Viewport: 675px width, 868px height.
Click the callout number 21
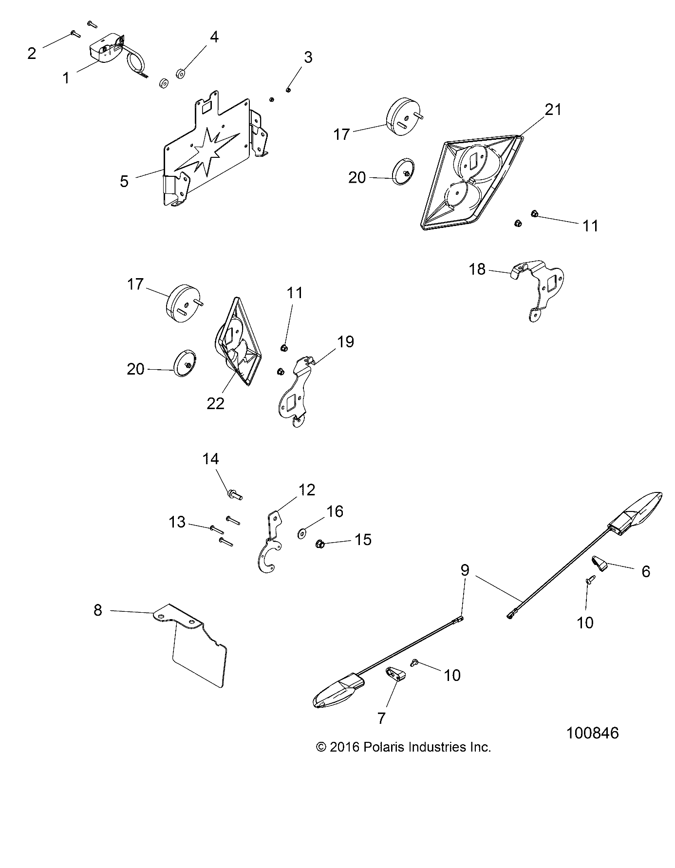[x=553, y=110]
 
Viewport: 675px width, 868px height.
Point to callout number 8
[x=98, y=610]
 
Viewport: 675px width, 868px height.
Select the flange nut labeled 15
[x=320, y=543]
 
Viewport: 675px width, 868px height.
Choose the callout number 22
[x=215, y=403]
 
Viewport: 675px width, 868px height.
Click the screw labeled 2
[x=74, y=34]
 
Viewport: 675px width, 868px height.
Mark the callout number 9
[x=465, y=570]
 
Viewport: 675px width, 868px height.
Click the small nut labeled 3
[x=288, y=89]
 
